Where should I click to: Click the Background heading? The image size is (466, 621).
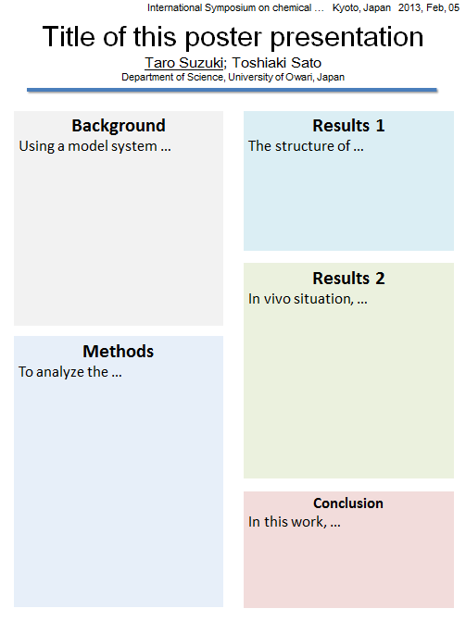119,126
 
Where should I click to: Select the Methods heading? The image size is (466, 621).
119,352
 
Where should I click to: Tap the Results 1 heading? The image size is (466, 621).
348,126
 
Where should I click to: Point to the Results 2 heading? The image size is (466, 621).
348,278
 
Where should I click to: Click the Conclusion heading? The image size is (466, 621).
348,503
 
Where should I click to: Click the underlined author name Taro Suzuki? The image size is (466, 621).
183,63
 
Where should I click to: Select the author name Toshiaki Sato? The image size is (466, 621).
277,63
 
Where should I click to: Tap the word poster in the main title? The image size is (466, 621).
224,38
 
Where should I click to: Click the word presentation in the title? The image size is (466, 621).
347,38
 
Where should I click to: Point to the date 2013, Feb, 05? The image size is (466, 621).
429,8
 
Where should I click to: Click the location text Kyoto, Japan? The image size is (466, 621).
361,8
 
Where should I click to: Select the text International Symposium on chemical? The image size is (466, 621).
229,8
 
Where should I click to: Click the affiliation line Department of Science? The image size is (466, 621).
172,77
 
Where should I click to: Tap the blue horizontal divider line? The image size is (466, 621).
232,91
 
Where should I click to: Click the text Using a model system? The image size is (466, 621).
88,146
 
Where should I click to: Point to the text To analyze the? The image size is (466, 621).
63,372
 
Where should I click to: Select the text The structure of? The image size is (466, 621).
299,146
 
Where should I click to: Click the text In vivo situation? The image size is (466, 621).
301,299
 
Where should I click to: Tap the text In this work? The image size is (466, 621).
288,522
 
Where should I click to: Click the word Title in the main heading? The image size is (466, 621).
69,37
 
